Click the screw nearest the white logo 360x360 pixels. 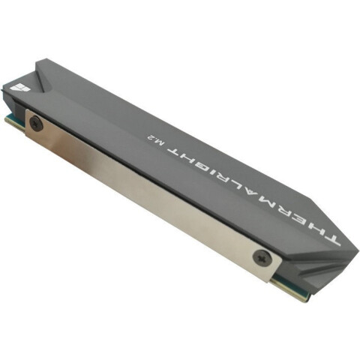[37, 123]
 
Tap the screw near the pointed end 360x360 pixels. [262, 256]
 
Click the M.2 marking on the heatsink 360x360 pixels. [156, 140]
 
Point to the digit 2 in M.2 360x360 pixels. [151, 137]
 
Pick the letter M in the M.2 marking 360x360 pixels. [160, 144]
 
